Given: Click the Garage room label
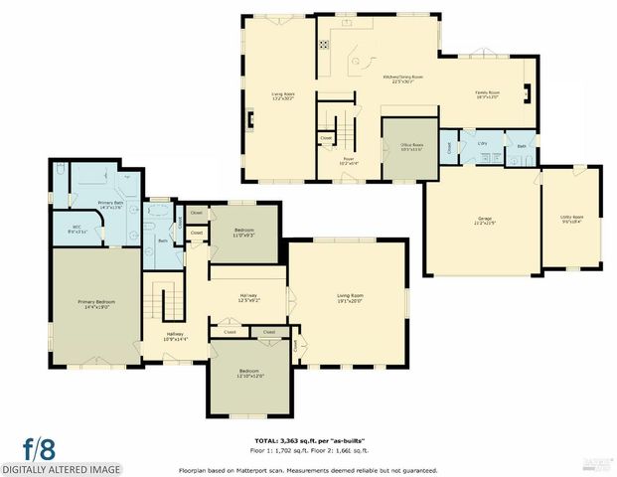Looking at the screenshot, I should pos(485,220).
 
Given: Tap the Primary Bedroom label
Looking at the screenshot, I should pos(97,302).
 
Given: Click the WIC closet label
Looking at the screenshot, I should pos(77,229).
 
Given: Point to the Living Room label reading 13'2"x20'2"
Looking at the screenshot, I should pos(283,96).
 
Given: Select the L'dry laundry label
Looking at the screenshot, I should pos(482,145).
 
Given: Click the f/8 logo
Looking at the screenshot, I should pos(40,446).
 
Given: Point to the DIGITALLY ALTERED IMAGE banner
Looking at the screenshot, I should pos(62,469).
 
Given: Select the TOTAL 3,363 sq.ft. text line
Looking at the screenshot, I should pos(308,437).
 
